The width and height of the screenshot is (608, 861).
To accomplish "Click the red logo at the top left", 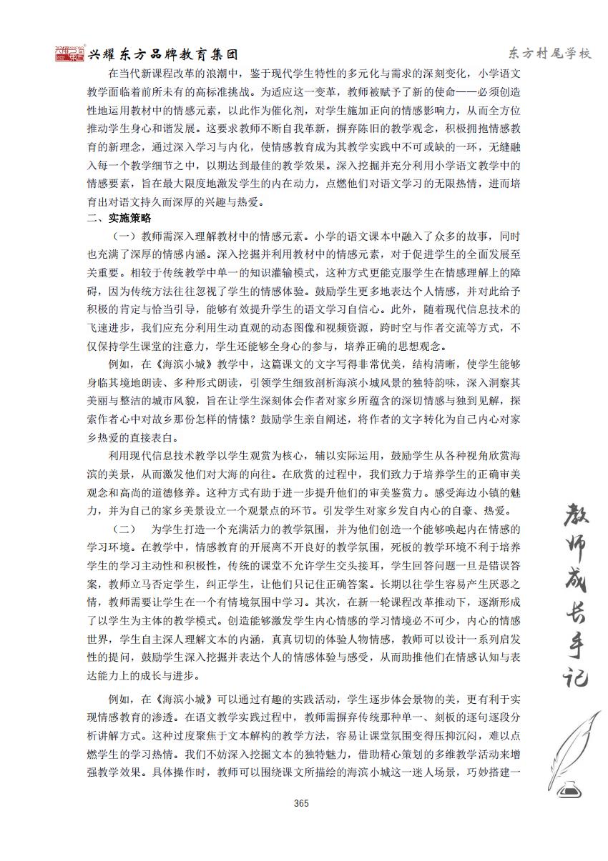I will click(70, 54).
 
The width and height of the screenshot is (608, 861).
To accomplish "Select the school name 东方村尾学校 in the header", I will click(550, 54).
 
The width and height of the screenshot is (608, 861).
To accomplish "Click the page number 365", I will click(300, 803).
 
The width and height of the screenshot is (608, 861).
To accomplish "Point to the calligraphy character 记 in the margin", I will click(572, 675).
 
